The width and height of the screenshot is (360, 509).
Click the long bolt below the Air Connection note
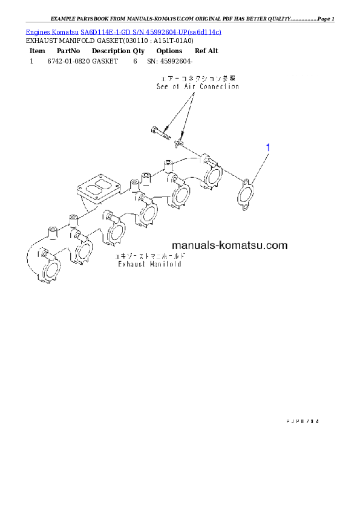(x=159, y=131)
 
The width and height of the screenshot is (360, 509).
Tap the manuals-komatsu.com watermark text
(x=229, y=245)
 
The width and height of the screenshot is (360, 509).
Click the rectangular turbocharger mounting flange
(x=96, y=189)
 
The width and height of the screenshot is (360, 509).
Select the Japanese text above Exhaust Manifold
(x=151, y=257)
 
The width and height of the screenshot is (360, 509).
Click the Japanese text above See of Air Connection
(x=197, y=79)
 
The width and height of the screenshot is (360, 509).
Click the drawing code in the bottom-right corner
(x=301, y=420)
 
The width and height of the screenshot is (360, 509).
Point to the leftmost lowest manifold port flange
(x=51, y=270)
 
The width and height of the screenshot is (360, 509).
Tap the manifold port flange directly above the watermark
(x=180, y=196)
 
